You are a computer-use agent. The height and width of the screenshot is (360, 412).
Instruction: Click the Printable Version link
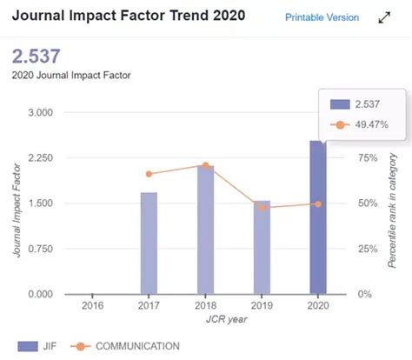coord(322,17)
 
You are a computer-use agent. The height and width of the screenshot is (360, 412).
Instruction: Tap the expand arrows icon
coord(384,17)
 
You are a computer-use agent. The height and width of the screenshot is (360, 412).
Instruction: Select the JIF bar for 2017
coord(149,243)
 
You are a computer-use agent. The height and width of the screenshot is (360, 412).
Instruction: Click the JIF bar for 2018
coord(206,230)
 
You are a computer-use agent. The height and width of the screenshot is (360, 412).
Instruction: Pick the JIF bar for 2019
coord(262,247)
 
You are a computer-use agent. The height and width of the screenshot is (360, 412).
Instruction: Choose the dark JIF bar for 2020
coord(318,217)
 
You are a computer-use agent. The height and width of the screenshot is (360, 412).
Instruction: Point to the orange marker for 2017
coord(149,174)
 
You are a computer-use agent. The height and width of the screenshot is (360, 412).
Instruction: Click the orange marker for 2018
coord(206,165)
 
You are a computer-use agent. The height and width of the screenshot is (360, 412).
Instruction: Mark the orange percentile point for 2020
coord(318,204)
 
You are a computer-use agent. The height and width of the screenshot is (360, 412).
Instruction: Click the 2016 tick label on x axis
coord(92,305)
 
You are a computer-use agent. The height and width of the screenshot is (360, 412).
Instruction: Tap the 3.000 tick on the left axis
coord(41,112)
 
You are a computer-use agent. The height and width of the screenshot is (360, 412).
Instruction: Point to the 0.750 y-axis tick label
coord(41,249)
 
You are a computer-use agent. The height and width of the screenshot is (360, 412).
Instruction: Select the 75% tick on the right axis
coord(368,158)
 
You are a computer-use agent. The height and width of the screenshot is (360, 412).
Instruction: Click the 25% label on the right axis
coord(368,249)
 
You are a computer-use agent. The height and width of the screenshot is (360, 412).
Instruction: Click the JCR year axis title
coord(227,319)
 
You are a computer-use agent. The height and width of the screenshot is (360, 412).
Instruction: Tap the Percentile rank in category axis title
coord(392,210)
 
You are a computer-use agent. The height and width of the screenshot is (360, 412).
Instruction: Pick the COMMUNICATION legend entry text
coord(137,346)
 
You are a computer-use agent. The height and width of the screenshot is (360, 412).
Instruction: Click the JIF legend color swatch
coord(28,346)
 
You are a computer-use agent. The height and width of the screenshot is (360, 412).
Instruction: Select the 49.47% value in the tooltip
coord(372,124)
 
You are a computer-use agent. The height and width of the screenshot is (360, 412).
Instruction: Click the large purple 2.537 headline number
coord(37,57)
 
